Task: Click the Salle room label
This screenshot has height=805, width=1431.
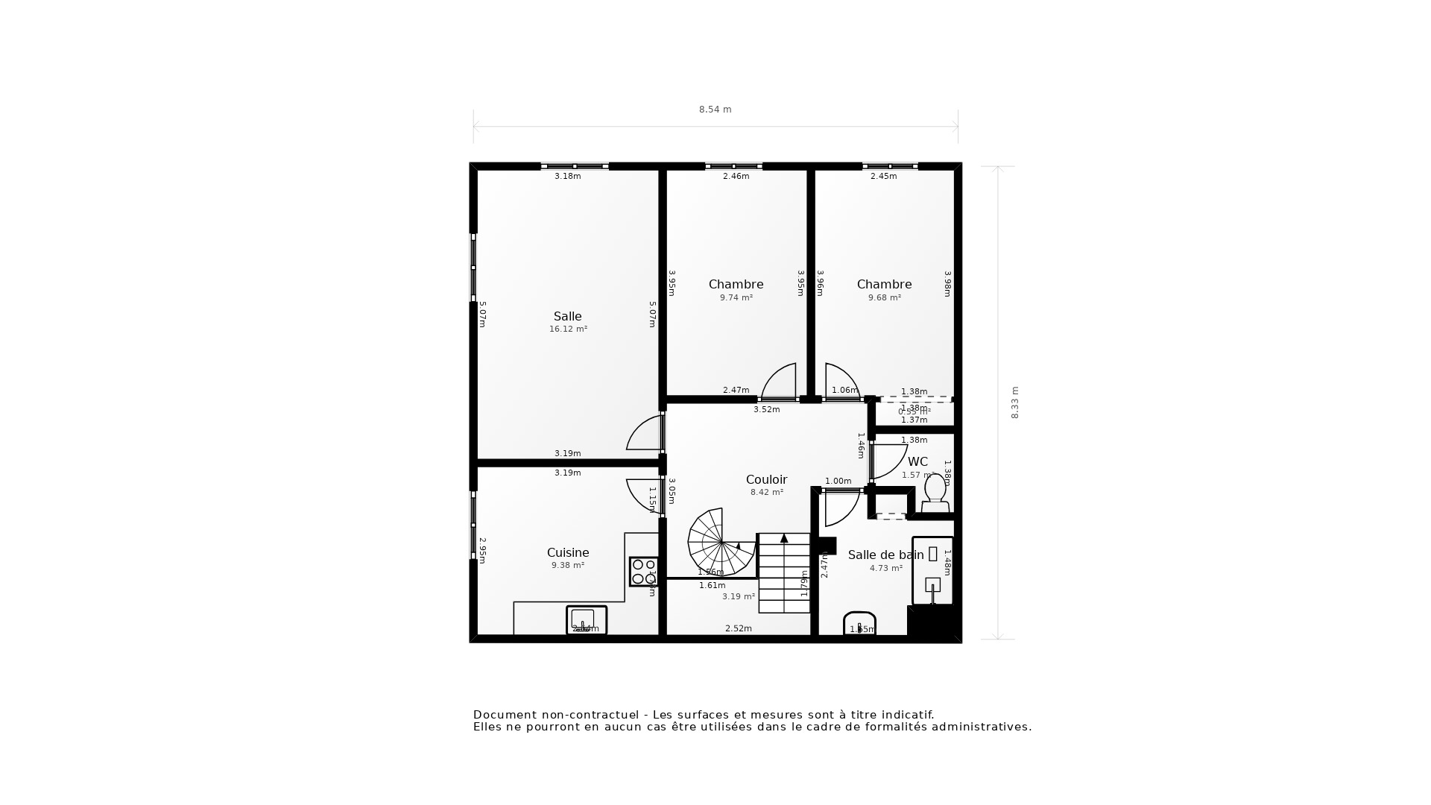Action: [567, 317]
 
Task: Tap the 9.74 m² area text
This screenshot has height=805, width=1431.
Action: [736, 298]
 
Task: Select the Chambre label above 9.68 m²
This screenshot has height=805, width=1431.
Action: [884, 285]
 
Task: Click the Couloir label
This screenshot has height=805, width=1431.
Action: [766, 480]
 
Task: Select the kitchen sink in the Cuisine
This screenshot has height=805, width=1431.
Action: [586, 620]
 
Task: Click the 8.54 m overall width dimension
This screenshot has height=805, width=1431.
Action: [715, 110]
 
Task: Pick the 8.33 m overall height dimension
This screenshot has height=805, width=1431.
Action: [1014, 402]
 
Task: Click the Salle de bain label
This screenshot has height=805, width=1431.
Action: [885, 555]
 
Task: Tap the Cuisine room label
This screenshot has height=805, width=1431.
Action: [568, 553]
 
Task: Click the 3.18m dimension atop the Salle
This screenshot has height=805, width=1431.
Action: [567, 177]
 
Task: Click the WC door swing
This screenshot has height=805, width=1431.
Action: [888, 461]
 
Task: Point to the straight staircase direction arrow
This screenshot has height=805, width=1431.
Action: [784, 538]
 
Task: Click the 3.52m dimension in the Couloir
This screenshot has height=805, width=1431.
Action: [766, 410]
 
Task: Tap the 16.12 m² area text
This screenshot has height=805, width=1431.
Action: [568, 329]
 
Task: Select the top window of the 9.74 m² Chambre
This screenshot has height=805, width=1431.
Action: [733, 166]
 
